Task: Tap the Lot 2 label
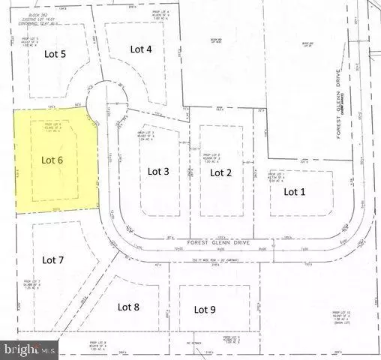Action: (x=220, y=172)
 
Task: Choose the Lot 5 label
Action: (x=54, y=54)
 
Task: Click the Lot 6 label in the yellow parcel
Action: (x=52, y=160)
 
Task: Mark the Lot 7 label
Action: (x=54, y=260)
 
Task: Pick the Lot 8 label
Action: (x=129, y=306)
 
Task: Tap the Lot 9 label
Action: (x=205, y=309)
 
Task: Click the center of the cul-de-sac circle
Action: (x=104, y=103)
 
